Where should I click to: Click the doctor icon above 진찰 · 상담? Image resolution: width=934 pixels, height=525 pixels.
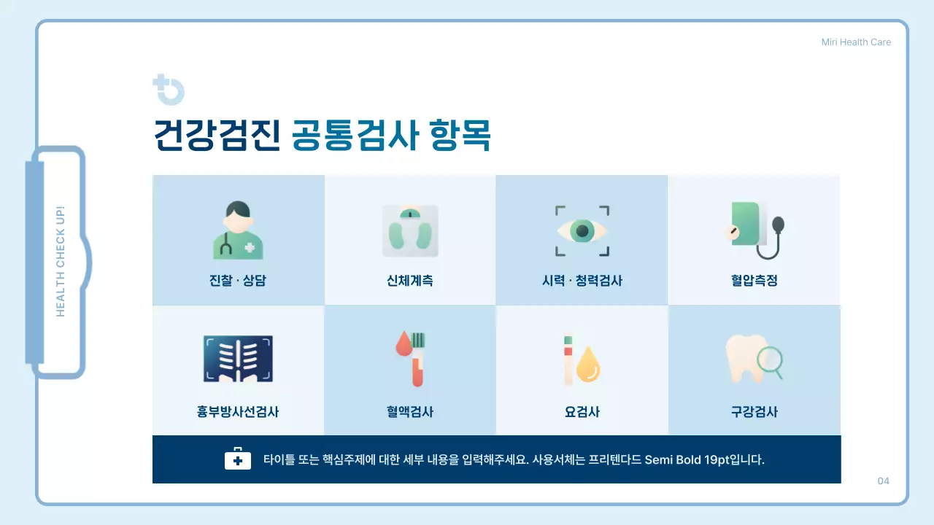point(238,231)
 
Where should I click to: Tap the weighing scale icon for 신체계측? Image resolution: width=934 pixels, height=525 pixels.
point(410,231)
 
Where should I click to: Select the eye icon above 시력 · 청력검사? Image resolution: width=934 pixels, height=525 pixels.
point(582,231)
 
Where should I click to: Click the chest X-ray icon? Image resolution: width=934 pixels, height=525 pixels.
point(238,359)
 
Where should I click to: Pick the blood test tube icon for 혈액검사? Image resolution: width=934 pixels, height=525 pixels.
point(411,359)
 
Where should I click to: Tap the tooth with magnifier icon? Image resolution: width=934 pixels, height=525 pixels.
point(754,359)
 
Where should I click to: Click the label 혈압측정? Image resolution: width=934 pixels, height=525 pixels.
point(754,281)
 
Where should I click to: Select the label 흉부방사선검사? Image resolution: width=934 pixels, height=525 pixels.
point(238,412)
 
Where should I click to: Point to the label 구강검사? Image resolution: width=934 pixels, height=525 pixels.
point(754,412)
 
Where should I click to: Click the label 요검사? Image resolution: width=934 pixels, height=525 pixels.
point(582,412)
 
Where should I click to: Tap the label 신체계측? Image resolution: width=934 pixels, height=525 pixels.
point(410,281)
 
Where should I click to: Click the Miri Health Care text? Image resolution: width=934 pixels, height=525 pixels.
point(856,42)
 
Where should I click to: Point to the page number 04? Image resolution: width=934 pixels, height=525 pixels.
point(883,481)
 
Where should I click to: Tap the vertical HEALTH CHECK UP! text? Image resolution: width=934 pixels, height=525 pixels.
point(61,261)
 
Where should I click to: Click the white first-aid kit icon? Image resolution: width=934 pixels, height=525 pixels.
point(238,459)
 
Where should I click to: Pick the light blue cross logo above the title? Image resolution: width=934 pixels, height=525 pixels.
point(169,90)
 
